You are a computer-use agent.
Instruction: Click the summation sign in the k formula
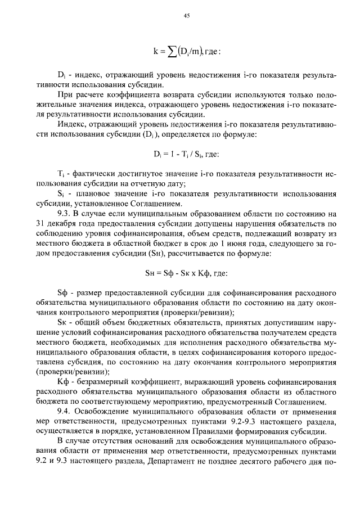coord(166,52)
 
